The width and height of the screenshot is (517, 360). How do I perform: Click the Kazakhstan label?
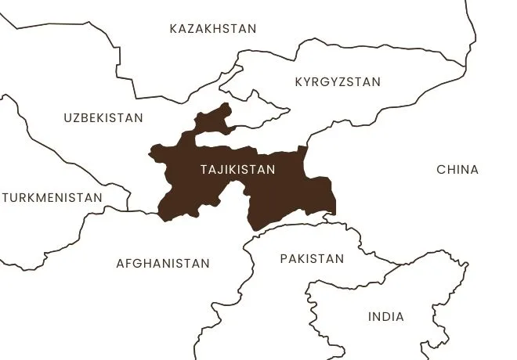[x=213, y=29]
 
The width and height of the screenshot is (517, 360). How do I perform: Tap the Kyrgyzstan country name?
[x=338, y=81]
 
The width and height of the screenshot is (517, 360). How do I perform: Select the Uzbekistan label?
[x=103, y=118]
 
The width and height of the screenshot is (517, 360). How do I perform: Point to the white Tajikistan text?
[x=238, y=169]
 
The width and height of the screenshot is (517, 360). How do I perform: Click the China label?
[x=457, y=169]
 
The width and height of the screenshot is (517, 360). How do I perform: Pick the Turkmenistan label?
[x=52, y=197]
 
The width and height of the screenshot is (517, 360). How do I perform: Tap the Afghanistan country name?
[x=163, y=264]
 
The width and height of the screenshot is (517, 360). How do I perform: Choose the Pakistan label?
[x=312, y=259]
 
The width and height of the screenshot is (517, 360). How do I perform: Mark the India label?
[x=386, y=317]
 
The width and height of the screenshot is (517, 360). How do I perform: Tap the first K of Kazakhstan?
[x=174, y=29]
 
